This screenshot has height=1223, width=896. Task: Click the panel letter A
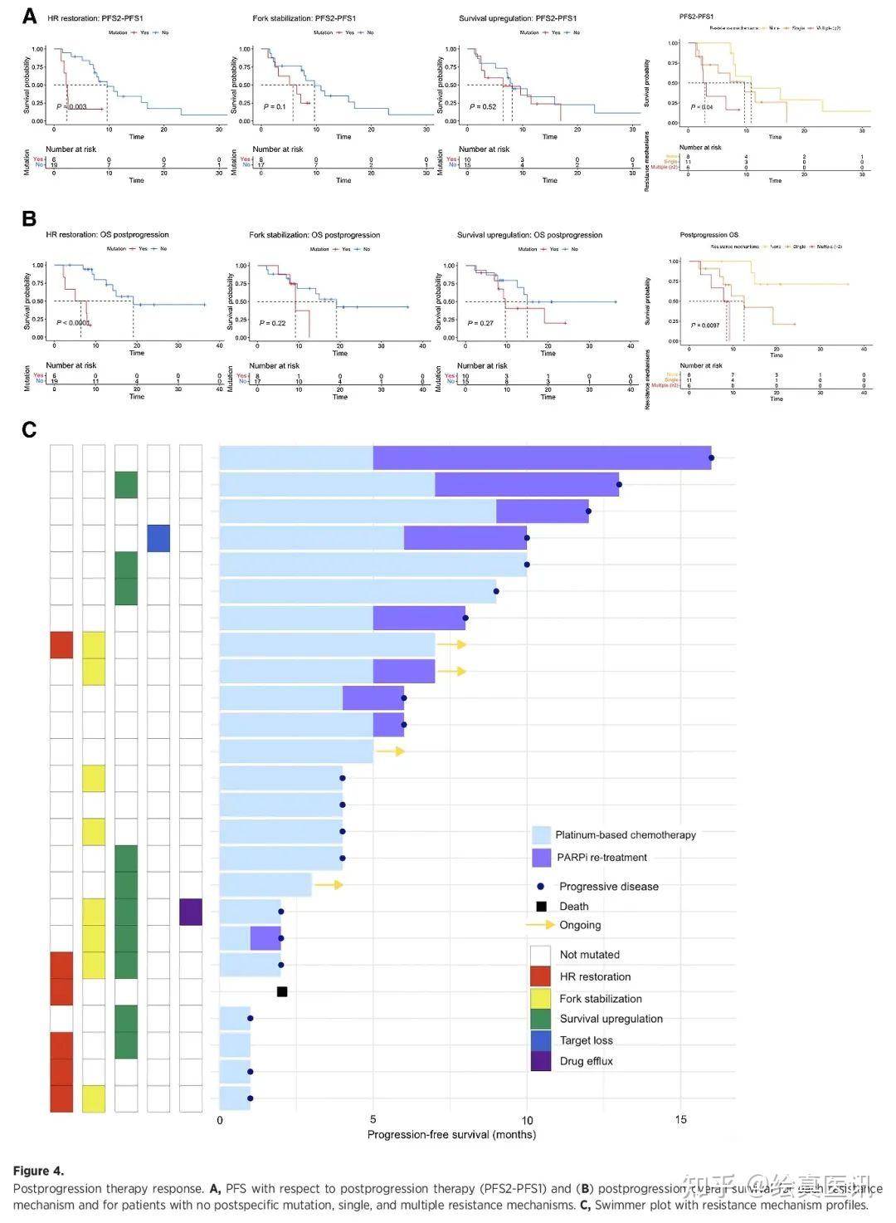[x=30, y=16]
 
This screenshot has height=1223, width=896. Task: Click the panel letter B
[x=30, y=218]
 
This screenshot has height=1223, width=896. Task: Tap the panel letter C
[x=30, y=429]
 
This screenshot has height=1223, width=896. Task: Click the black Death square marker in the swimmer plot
[x=282, y=991]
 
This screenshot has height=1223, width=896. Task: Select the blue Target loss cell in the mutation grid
[x=158, y=538]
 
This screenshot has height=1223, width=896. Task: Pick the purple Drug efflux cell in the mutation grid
[x=191, y=912]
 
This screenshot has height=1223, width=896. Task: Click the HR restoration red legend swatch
[x=541, y=976]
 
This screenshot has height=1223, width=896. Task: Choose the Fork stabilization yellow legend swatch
[x=541, y=998]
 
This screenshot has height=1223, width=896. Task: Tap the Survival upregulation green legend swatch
[x=541, y=1019]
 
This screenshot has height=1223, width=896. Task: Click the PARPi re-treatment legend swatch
[x=542, y=858]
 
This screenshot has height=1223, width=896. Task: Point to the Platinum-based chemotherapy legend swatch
[x=542, y=835]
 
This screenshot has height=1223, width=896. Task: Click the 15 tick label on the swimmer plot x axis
[x=680, y=1120]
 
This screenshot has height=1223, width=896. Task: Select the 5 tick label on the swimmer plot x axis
[x=373, y=1120]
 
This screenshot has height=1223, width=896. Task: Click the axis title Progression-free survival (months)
[x=451, y=1135]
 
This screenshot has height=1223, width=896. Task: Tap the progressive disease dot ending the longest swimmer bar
[x=711, y=457]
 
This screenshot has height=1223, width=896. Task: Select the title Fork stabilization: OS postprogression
[x=314, y=235]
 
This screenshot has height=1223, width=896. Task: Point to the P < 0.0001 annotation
[x=73, y=323]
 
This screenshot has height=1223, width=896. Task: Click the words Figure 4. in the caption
[x=38, y=1171]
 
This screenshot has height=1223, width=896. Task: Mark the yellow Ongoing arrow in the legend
[x=540, y=925]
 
